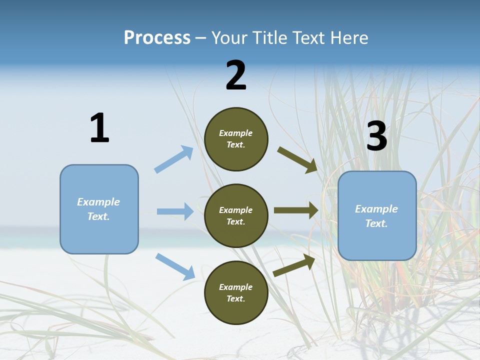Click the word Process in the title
coord(157,38)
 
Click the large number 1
coord(99,128)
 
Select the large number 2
coord(236,75)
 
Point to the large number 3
coord(376,136)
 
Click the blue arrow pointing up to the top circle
coord(174,159)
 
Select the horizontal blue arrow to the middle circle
coord(175,211)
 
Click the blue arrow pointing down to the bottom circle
coord(175,266)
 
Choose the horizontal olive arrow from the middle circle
coord(296,210)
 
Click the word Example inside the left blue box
coord(98,202)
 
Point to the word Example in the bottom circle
coord(236,287)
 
